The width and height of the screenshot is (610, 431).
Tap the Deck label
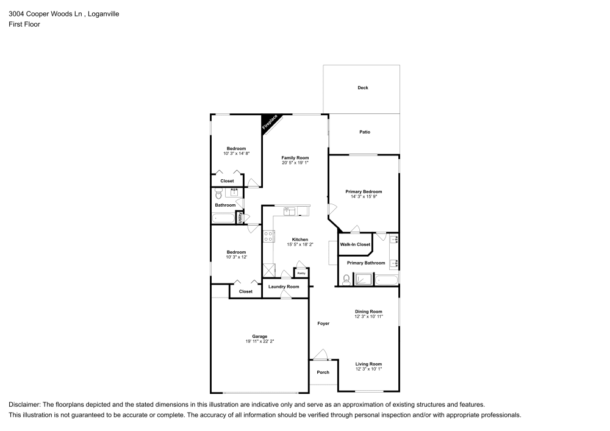coord(363,88)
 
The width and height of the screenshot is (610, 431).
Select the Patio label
coord(365,132)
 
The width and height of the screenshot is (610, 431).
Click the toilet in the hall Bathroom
coord(219,194)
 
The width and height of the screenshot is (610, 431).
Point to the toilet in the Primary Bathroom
coord(346,280)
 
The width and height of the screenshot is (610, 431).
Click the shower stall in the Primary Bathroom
coord(364,280)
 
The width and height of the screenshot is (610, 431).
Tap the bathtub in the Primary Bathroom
coord(387,280)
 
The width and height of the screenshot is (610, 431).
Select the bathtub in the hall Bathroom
coord(223,218)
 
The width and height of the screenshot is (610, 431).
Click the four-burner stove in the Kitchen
coord(268,237)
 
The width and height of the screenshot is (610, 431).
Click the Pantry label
coord(301,273)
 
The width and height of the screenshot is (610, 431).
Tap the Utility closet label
coord(240,216)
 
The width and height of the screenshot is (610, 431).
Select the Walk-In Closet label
coord(355,244)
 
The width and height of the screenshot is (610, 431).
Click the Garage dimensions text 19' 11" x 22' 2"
coord(260,341)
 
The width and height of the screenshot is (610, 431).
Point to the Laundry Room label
coord(284,287)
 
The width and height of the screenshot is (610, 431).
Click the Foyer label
coord(323,323)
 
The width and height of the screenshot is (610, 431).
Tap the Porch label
coord(323,372)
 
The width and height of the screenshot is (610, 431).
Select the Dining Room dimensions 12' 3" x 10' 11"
coord(368,317)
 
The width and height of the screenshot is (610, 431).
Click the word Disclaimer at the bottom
coord(24,404)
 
